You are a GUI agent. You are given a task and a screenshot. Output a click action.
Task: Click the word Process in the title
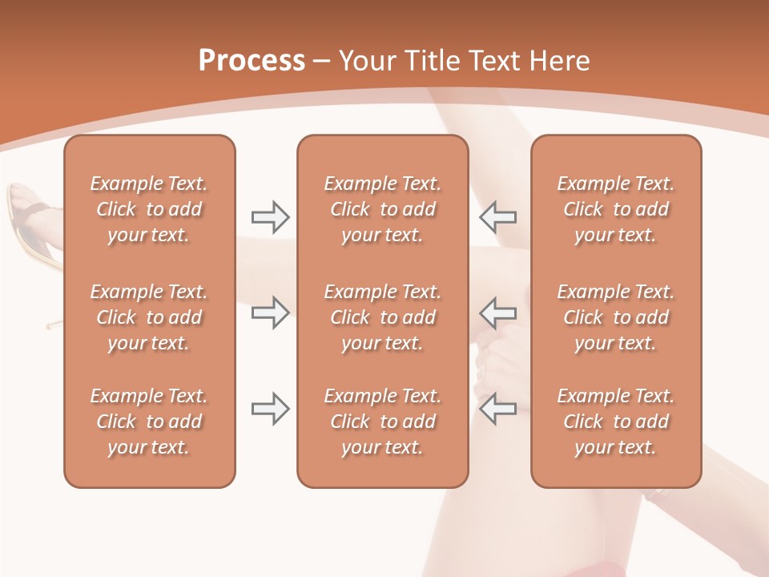coord(252,61)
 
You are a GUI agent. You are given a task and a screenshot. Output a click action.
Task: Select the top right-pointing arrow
coord(270,216)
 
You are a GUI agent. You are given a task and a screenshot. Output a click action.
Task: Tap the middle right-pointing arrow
coord(270,313)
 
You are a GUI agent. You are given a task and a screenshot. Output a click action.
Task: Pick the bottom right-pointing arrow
coord(270,409)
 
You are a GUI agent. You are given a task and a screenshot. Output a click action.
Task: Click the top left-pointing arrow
coord(497,216)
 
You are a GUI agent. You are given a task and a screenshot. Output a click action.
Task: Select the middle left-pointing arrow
coord(497,313)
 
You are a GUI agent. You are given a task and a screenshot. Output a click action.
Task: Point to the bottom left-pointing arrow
coord(497,409)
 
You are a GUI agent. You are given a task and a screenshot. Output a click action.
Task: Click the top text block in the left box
coord(149,209)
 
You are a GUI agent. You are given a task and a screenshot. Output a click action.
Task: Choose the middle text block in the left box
coord(149,317)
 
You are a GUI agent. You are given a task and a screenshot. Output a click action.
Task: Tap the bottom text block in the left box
coord(149,422)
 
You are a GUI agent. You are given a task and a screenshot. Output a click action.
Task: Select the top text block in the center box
coord(382,209)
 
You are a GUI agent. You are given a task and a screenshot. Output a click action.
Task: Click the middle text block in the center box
coord(382,317)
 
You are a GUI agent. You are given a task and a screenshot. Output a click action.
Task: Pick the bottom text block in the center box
coord(382,422)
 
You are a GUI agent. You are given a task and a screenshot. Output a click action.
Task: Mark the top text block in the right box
coord(615,209)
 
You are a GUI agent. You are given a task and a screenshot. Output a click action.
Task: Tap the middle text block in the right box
coord(615,317)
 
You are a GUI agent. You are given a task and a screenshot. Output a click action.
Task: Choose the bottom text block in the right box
coord(615,422)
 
